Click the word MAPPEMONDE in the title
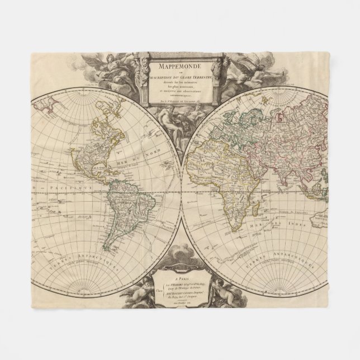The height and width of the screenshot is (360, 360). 179,66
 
